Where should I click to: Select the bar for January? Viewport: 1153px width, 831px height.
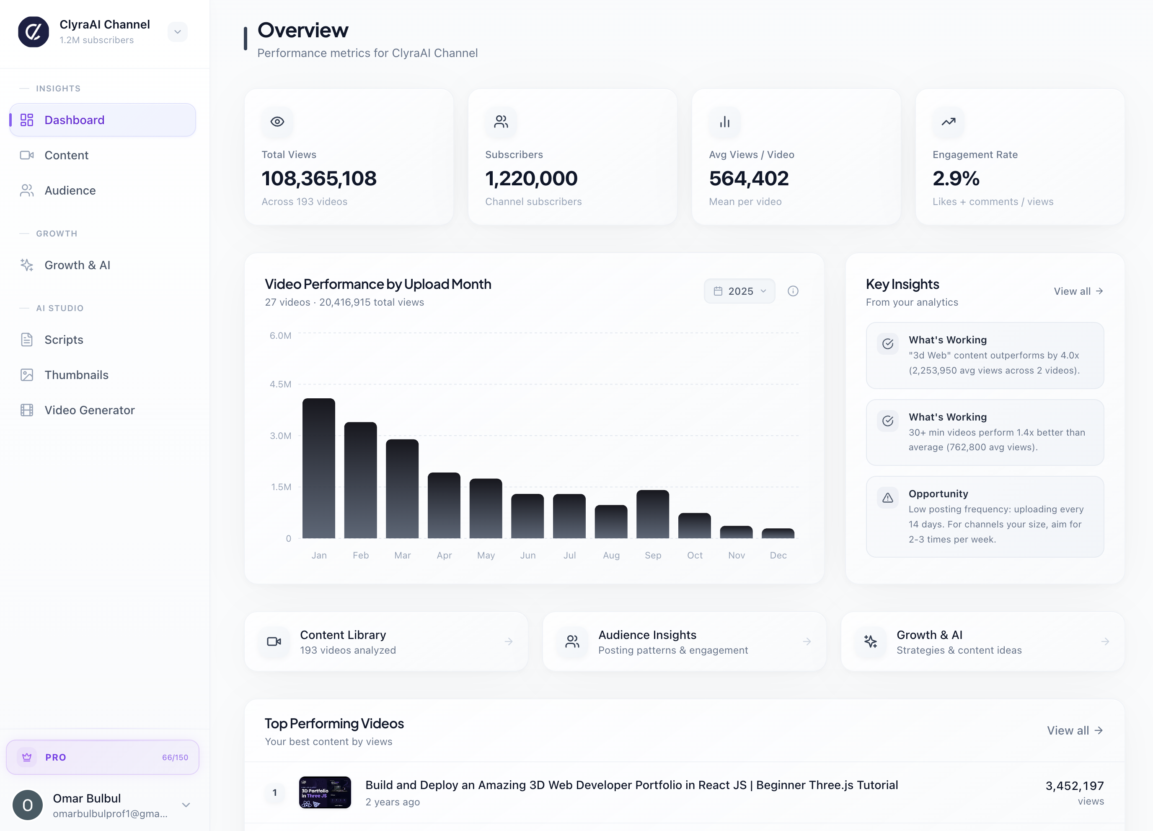[x=319, y=468]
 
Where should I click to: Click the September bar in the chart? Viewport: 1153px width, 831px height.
[x=652, y=514]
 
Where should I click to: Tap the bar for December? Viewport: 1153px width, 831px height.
[x=778, y=533]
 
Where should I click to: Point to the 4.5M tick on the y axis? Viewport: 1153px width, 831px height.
[x=280, y=384]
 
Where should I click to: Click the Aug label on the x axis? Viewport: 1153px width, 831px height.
[x=611, y=555]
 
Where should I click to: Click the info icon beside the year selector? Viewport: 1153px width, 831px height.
[x=793, y=291]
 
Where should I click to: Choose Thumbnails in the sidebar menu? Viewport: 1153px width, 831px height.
[x=76, y=375]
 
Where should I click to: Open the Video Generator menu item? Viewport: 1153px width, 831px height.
[x=90, y=410]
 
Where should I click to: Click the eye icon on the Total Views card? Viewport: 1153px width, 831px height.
[x=277, y=122]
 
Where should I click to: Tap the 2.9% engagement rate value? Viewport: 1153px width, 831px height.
[x=956, y=178]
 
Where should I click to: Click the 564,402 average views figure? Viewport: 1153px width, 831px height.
[x=749, y=178]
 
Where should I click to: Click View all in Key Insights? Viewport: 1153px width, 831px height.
[x=1078, y=291]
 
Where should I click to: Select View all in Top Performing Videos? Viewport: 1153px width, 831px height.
[x=1074, y=730]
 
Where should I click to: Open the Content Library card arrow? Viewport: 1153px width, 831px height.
[x=508, y=641]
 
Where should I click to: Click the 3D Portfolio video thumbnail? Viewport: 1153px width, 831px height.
[x=325, y=792]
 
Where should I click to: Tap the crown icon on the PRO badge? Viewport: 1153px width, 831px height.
[x=27, y=757]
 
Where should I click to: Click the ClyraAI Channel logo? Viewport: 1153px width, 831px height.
[x=34, y=31]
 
